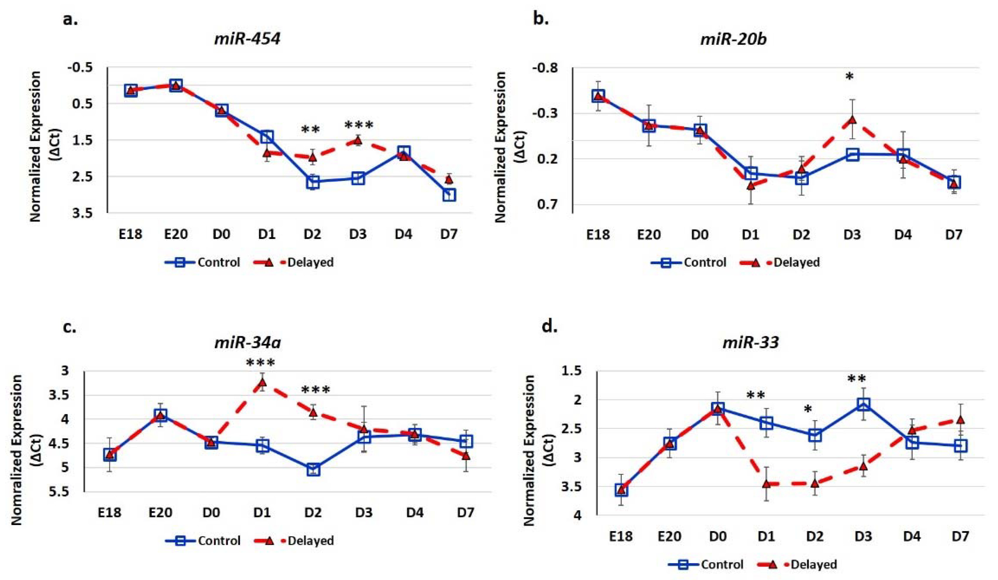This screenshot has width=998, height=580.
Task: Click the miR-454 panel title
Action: click(247, 39)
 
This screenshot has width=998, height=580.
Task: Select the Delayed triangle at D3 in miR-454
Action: click(358, 140)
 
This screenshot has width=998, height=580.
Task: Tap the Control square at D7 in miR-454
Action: click(449, 194)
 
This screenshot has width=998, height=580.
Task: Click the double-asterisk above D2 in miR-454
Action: click(310, 130)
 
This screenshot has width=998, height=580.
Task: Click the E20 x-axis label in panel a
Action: click(176, 234)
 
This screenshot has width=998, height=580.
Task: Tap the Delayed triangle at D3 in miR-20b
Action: click(852, 120)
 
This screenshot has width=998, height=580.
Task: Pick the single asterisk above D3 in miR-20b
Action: click(849, 77)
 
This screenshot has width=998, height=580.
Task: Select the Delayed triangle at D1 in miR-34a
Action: click(262, 383)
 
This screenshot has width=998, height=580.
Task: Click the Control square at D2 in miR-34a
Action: click(313, 469)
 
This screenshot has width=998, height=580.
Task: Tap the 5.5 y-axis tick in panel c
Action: click(59, 492)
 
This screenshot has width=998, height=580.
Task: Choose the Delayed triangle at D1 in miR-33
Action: click(766, 484)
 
